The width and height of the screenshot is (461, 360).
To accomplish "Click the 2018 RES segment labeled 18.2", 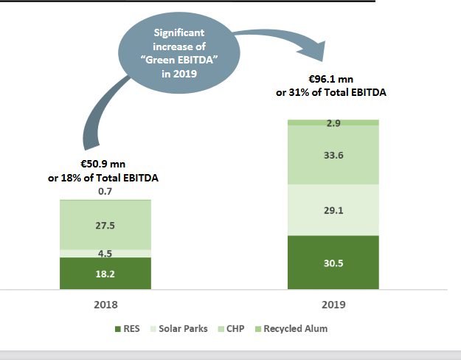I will click(x=105, y=273).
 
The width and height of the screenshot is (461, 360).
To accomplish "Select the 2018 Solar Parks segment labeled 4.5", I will click(x=105, y=253).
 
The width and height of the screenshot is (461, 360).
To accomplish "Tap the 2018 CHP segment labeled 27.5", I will click(x=105, y=225).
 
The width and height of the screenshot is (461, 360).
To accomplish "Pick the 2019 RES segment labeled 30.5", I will click(x=333, y=262).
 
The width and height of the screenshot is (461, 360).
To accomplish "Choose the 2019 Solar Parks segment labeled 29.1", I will click(x=333, y=210).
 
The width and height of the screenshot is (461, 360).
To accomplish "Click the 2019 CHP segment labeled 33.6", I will click(x=333, y=155).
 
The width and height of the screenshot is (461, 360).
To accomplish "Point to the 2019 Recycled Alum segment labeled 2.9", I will click(x=333, y=122).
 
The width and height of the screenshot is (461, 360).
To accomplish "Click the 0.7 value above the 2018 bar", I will click(x=105, y=192).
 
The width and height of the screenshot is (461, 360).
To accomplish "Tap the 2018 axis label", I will click(x=105, y=304).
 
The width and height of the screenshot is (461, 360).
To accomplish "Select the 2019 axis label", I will click(x=333, y=304).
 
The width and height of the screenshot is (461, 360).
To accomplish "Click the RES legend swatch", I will click(x=118, y=328).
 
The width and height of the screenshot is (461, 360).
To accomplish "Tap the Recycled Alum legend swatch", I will click(x=258, y=328).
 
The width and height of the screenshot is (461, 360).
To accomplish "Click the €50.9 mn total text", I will click(x=105, y=165).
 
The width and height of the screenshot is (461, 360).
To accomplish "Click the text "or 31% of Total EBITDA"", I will click(x=332, y=93).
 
